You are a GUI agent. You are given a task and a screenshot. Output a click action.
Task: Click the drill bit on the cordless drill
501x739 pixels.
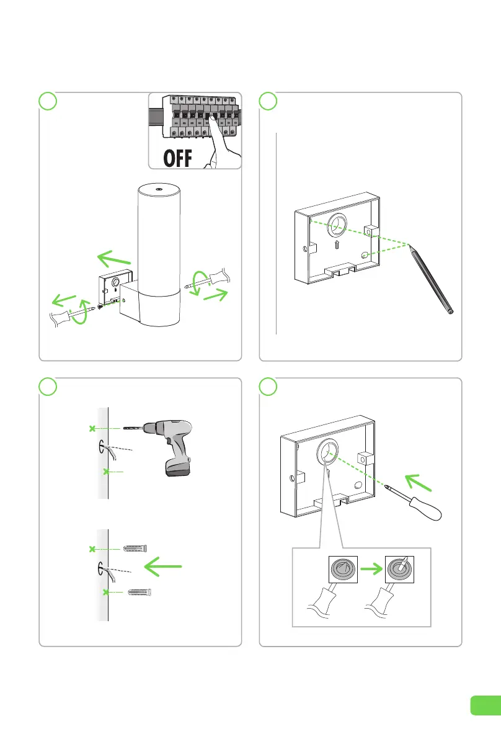pos(133,428)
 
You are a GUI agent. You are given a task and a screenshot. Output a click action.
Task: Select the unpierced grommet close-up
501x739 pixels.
pos(342,568)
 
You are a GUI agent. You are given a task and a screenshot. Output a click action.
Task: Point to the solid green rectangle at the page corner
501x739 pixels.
pos(485,705)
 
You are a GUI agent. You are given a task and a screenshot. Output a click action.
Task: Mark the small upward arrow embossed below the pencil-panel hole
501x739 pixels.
pos(335,245)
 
